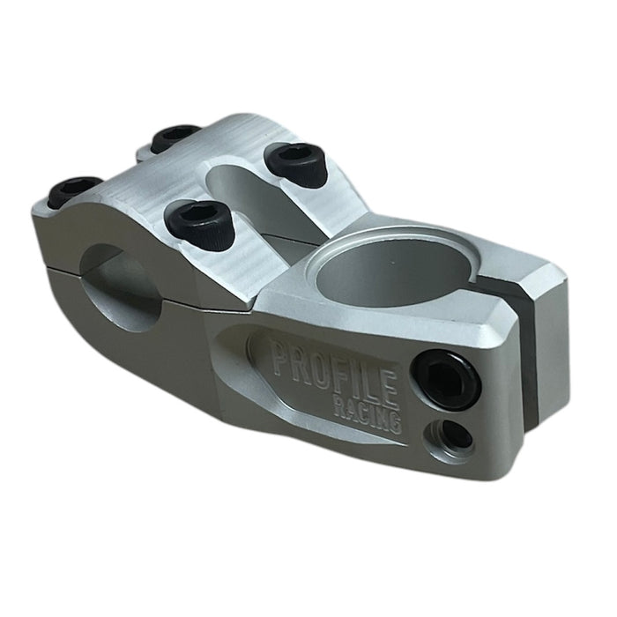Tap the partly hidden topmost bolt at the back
pyautogui.click(x=175, y=137)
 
